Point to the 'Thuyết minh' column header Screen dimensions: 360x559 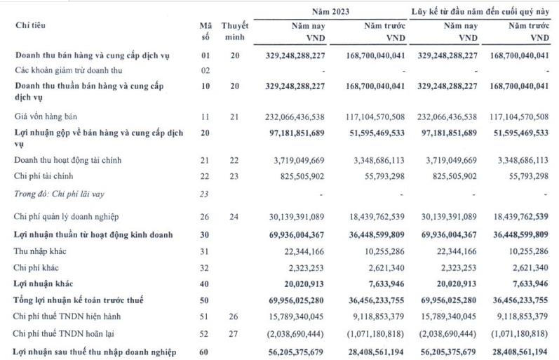pyautogui.click(x=234, y=31)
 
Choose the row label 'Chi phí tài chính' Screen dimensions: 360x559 pyautogui.click(x=43, y=175)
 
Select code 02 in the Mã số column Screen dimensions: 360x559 pyautogui.click(x=206, y=70)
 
